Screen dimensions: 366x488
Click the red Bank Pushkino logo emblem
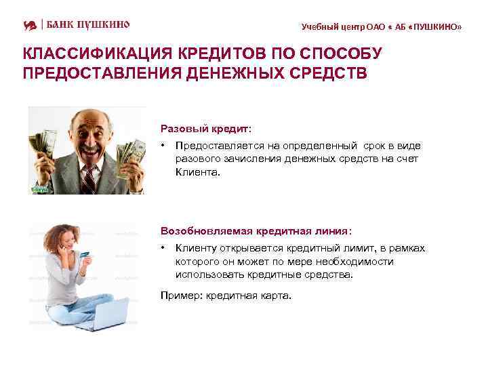click(x=29, y=25)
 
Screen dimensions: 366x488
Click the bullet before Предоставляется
click(x=163, y=146)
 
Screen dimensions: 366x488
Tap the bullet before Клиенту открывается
click(x=163, y=248)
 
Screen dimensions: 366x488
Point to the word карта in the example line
click(x=274, y=296)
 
